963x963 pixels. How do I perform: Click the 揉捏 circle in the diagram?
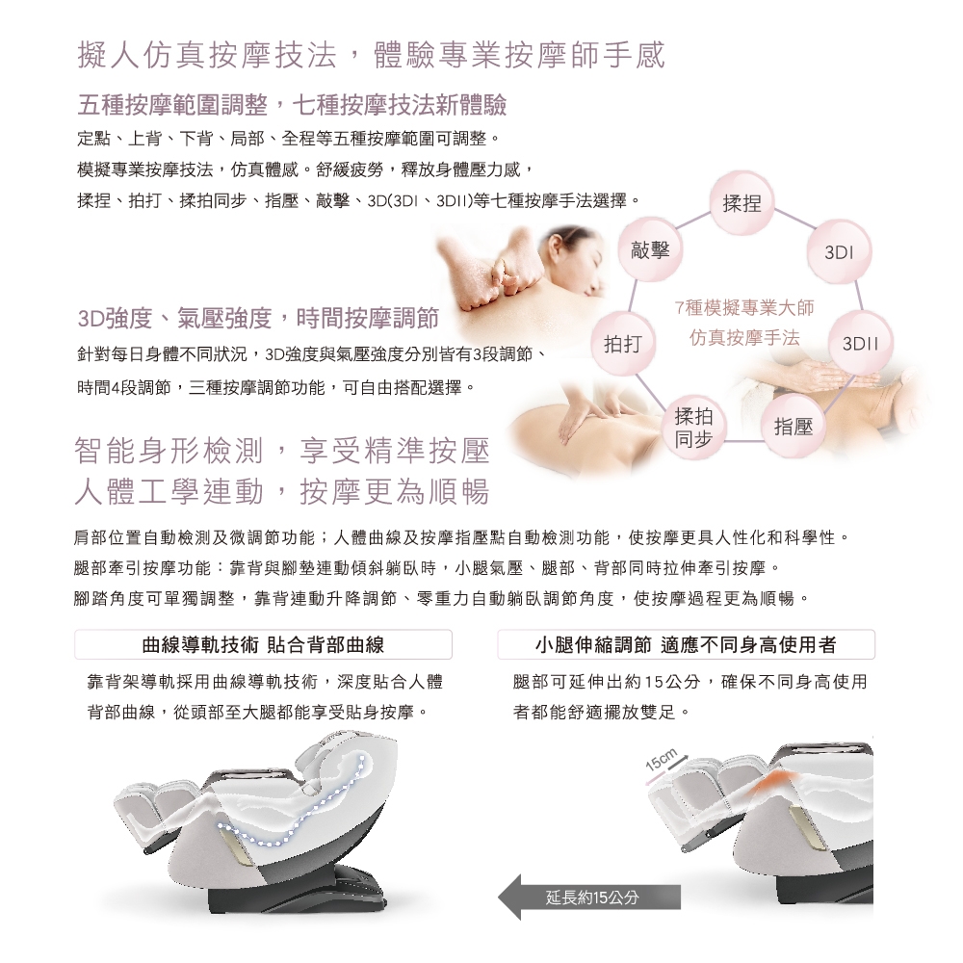[742, 203]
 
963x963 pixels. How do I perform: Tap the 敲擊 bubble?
[650, 250]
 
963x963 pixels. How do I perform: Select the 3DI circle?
[839, 251]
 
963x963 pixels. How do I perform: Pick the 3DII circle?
[860, 344]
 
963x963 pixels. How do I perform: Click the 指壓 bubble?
[794, 427]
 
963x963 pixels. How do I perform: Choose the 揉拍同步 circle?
[694, 428]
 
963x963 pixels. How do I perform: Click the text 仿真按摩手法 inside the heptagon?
[744, 337]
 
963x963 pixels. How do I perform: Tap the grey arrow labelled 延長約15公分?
[589, 898]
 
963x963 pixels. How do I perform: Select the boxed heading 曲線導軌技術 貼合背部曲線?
[263, 644]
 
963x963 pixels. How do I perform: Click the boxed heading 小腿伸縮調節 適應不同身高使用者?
[686, 644]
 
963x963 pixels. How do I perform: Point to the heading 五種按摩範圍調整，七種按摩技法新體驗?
[293, 105]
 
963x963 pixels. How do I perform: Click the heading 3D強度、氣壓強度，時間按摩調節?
[258, 318]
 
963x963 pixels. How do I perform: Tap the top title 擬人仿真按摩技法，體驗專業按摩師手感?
[372, 55]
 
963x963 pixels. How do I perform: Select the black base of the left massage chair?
[298, 891]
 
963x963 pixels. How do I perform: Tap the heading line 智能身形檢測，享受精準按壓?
[282, 451]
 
